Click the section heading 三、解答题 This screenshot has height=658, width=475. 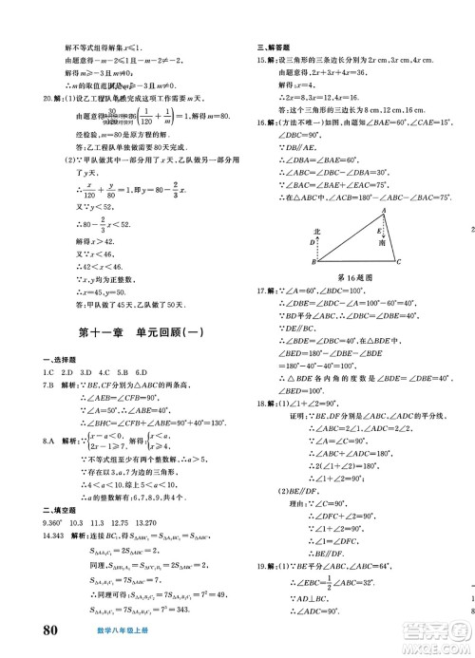point(275,46)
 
